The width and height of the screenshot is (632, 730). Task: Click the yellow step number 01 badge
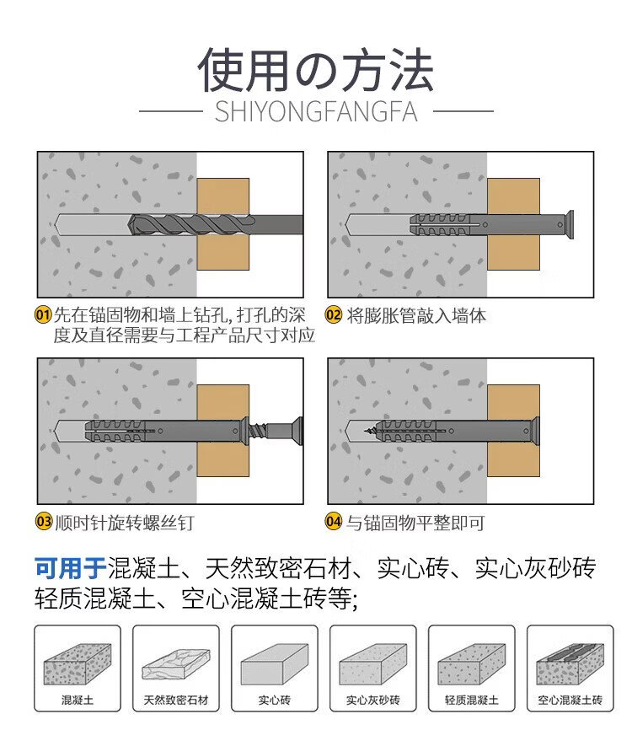pyautogui.click(x=43, y=315)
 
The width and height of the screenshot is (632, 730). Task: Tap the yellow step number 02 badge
pyautogui.click(x=333, y=315)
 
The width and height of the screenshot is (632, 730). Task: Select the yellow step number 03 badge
pyautogui.click(x=44, y=522)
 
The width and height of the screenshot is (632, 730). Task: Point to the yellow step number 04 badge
pyautogui.click(x=333, y=522)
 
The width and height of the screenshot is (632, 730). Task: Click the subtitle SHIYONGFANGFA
pyautogui.click(x=316, y=112)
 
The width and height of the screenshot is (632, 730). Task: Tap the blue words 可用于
pyautogui.click(x=70, y=568)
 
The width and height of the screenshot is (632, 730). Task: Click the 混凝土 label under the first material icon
pyautogui.click(x=78, y=700)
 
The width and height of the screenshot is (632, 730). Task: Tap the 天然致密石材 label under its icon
pyautogui.click(x=176, y=700)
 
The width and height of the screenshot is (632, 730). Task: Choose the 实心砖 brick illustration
pyautogui.click(x=275, y=664)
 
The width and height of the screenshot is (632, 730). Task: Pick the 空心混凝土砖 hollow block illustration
pyautogui.click(x=570, y=664)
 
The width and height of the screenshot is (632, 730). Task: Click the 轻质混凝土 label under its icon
pyautogui.click(x=471, y=700)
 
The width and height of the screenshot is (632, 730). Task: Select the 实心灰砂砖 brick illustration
pyautogui.click(x=373, y=664)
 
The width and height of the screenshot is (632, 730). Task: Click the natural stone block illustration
pyautogui.click(x=176, y=664)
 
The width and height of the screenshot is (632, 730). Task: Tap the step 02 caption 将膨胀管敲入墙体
pyautogui.click(x=416, y=315)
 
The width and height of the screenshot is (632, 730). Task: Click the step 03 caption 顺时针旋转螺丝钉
pyautogui.click(x=125, y=523)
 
